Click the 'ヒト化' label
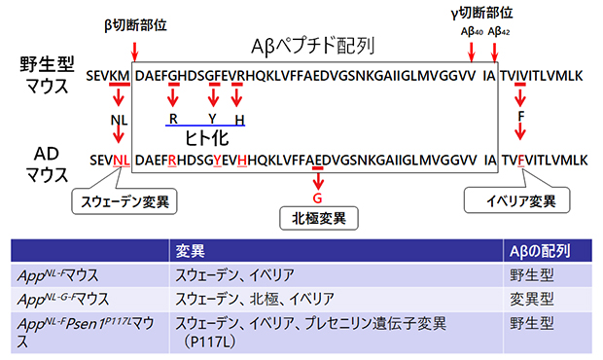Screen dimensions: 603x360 206,137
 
